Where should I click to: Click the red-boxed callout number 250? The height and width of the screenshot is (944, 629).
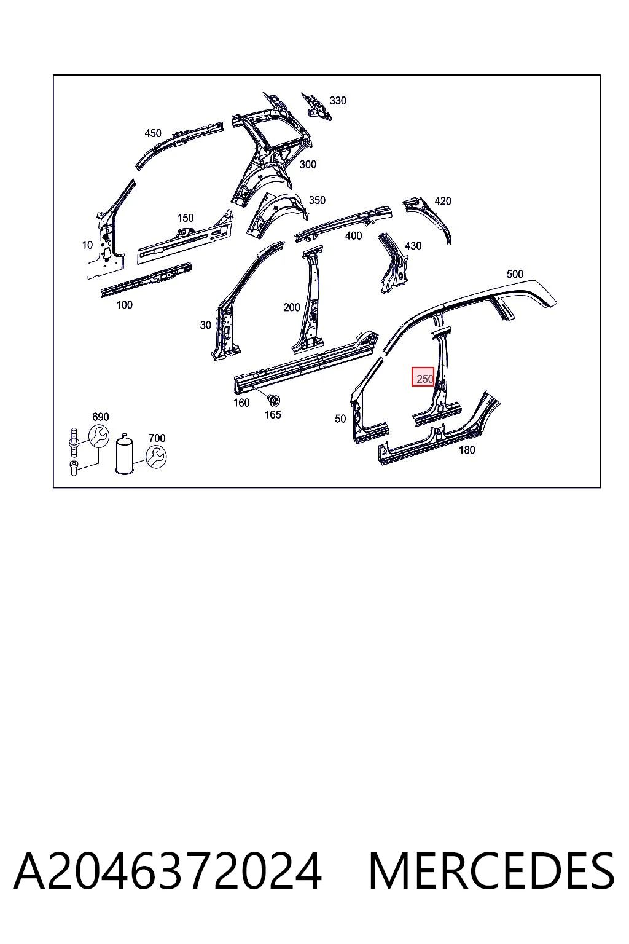(424, 379)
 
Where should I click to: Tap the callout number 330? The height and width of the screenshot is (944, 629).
(337, 100)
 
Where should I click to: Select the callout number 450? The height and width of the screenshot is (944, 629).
(152, 133)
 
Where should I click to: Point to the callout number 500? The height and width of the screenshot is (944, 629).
(514, 274)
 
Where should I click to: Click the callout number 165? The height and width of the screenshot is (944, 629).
(273, 414)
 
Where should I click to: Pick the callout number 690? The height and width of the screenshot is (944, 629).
(100, 417)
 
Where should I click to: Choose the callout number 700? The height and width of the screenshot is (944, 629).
(157, 438)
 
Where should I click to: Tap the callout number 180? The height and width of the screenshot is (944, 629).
(466, 450)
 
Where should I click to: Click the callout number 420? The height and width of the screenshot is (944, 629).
(442, 201)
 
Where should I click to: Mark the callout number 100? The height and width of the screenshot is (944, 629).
(124, 304)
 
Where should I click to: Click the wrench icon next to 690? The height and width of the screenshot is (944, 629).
(99, 436)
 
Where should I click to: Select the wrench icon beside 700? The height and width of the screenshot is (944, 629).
(156, 457)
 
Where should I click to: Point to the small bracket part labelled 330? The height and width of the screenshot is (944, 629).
(316, 106)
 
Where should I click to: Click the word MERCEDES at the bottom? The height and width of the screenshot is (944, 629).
(491, 871)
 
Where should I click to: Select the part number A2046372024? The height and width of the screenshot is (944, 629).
(168, 871)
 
